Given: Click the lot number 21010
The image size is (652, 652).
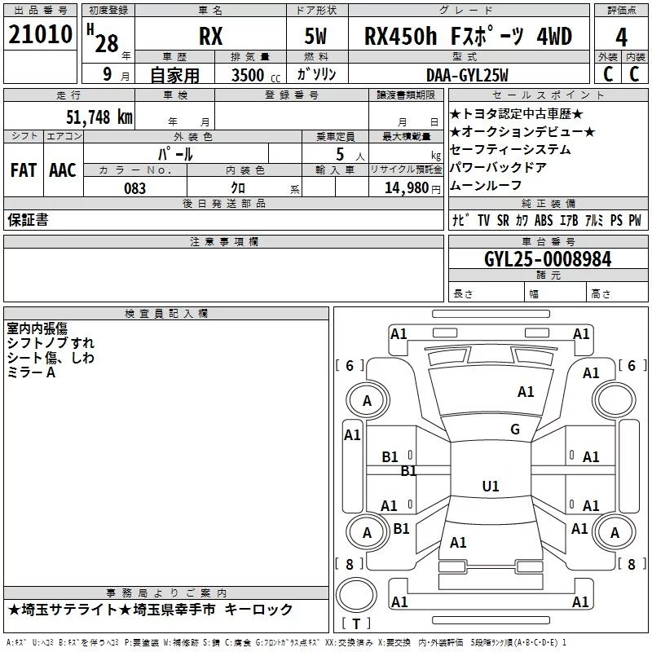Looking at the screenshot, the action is pyautogui.click(x=40, y=35).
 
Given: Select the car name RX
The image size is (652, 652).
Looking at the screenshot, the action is pyautogui.click(x=211, y=37).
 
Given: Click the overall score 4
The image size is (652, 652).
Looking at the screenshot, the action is pyautogui.click(x=621, y=37).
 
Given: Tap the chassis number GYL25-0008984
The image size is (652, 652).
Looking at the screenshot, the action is pyautogui.click(x=547, y=259).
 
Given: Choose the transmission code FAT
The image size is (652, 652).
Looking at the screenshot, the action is pyautogui.click(x=23, y=170).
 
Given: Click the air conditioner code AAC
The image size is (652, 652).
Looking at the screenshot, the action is pyautogui.click(x=63, y=170).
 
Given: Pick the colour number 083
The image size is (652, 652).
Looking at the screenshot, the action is pyautogui.click(x=134, y=187).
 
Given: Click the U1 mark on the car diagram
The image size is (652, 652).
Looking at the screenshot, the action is pyautogui.click(x=490, y=487).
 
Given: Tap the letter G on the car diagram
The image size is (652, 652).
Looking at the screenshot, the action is pyautogui.click(x=514, y=430).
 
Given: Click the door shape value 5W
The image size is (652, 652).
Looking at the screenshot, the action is pyautogui.click(x=317, y=37).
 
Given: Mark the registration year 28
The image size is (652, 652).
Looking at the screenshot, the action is pyautogui.click(x=106, y=43).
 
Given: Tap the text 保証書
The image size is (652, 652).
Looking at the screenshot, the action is pyautogui.click(x=28, y=220).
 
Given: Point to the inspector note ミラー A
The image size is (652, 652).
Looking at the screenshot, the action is pyautogui.click(x=32, y=372).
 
